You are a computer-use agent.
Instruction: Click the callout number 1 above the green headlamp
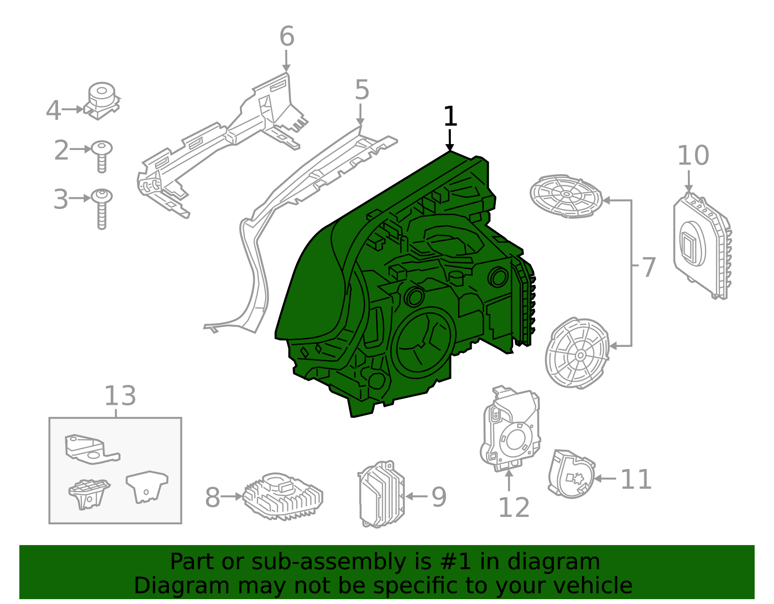[x=450, y=116]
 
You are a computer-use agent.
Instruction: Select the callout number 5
[x=362, y=89]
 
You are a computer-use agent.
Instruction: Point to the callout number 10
[x=693, y=155]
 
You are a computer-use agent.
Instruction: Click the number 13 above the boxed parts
[x=120, y=396]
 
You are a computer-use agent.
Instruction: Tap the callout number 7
[x=649, y=267]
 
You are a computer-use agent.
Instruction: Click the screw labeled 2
[x=102, y=156]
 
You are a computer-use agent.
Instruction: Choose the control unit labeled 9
[x=381, y=494]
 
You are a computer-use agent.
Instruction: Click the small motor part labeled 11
[x=571, y=474]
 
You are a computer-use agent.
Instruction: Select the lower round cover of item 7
[x=578, y=353]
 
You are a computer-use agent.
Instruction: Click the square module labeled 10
[x=702, y=246]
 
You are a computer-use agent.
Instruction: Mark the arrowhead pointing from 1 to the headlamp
[x=450, y=147]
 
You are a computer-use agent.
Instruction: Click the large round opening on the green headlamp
[x=423, y=343]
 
